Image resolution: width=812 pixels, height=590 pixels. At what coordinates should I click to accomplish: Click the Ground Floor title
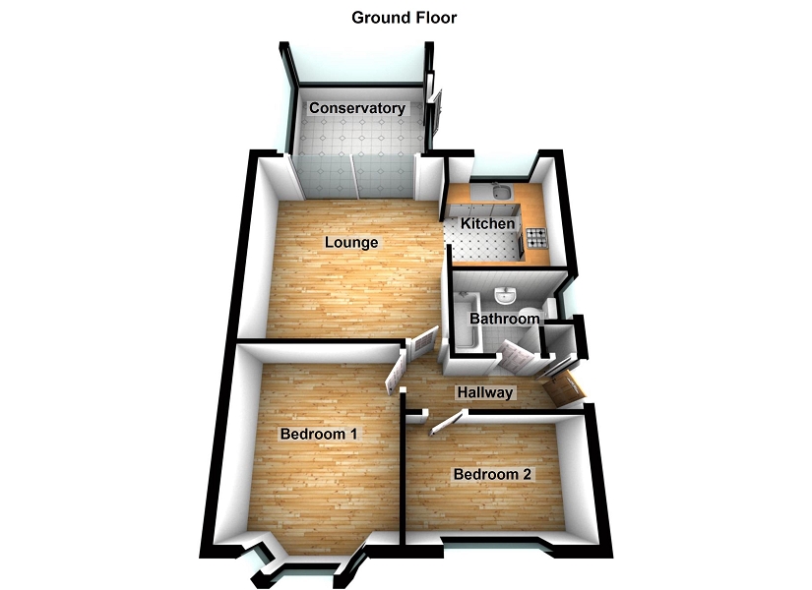[405, 18]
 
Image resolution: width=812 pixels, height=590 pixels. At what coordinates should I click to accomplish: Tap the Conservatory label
[357, 108]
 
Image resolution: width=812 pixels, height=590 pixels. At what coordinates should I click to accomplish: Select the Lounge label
[351, 242]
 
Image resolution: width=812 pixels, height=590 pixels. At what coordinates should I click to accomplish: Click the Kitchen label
[487, 224]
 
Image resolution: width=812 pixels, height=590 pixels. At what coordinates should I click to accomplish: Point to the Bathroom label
[504, 319]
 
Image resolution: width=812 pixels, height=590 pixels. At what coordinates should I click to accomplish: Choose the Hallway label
[484, 393]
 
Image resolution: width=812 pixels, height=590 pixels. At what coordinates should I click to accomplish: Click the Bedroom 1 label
[318, 434]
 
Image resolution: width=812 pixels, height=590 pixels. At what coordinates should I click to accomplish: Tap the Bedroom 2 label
[492, 475]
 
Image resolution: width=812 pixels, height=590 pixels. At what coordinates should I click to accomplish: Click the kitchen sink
[500, 191]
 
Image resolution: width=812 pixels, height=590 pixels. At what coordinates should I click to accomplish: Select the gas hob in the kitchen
[537, 237]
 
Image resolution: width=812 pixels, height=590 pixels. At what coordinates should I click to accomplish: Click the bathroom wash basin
[506, 294]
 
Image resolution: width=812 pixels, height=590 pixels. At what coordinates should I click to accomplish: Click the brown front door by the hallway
[565, 389]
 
